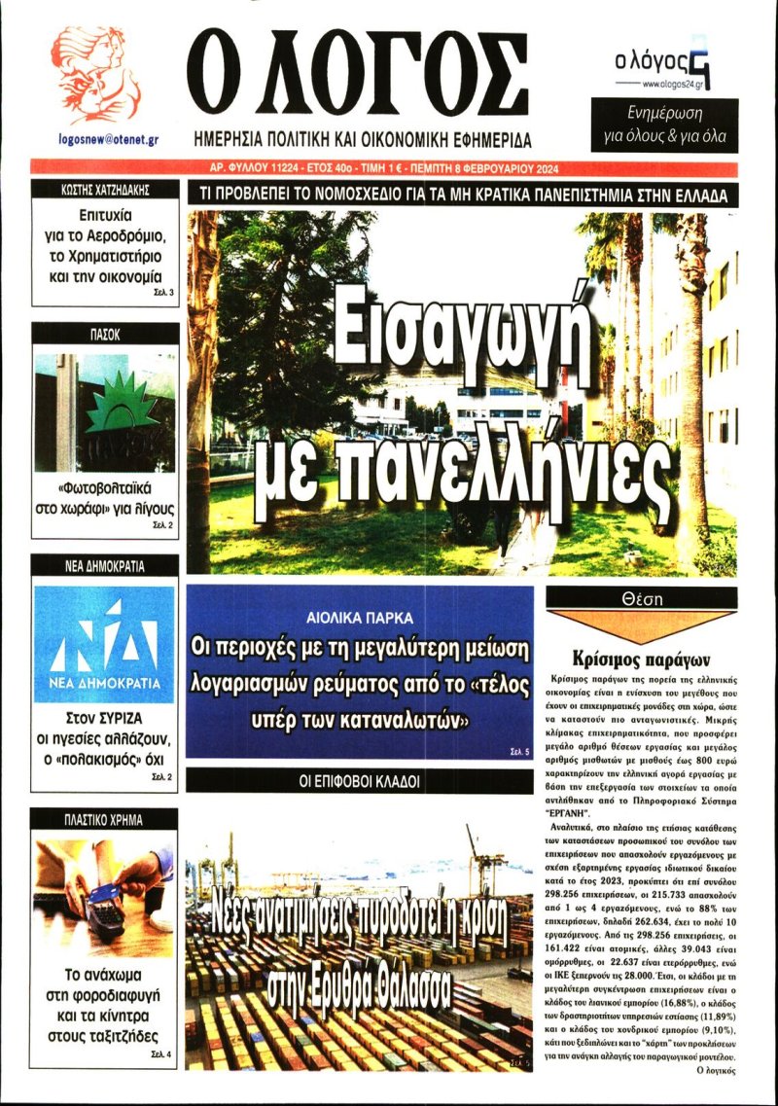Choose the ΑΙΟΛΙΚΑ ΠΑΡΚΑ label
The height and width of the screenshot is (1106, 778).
coord(360,618)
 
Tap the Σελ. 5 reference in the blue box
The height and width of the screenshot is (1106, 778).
coord(518,751)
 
